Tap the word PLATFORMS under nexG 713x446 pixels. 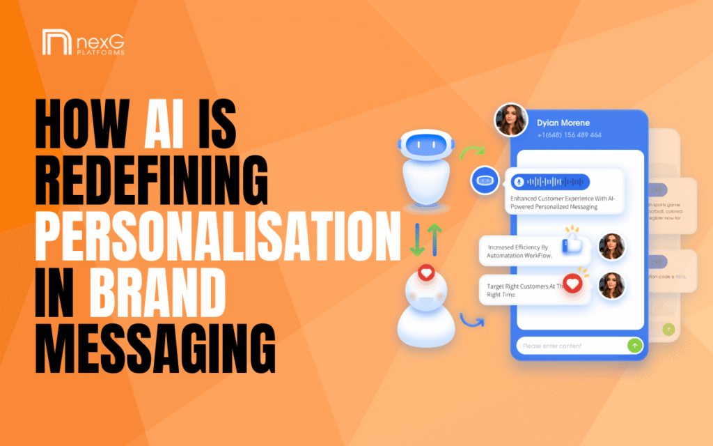(101, 53)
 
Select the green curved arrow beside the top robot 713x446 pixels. (476, 151)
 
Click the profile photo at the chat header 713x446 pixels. (511, 120)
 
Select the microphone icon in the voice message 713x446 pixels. (517, 182)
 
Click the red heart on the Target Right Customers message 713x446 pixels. (572, 285)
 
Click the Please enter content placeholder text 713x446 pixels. (552, 346)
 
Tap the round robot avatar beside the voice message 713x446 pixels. (484, 180)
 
